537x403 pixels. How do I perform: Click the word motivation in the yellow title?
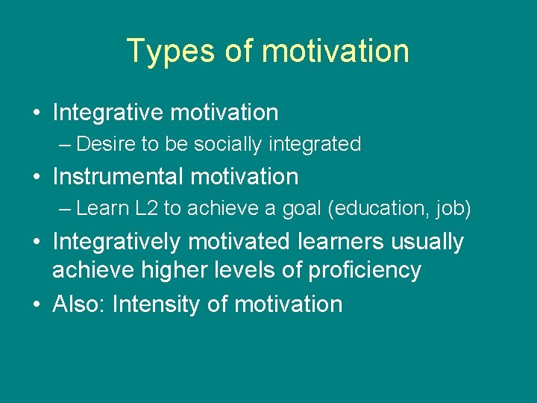pos(335,51)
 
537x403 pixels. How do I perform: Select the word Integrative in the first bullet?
pos(108,113)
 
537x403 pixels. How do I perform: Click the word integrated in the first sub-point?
pos(315,144)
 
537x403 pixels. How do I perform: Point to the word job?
pos(451,208)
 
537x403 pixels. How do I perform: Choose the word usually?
pos(432,242)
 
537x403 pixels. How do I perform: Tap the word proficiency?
pos(363,269)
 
